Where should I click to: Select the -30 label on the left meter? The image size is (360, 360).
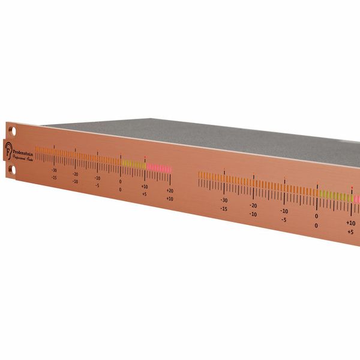click(54, 170)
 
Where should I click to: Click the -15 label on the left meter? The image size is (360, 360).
click(54, 178)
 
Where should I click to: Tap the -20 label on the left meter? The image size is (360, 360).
click(76, 174)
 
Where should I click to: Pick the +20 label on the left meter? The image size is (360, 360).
click(170, 191)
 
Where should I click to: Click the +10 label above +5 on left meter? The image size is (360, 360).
click(145, 187)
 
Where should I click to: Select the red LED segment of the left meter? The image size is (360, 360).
click(159, 169)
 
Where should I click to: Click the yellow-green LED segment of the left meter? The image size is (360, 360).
click(134, 164)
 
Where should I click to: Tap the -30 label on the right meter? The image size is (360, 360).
click(224, 200)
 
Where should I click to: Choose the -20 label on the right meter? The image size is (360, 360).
click(253, 206)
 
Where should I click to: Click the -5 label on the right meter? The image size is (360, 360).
click(284, 220)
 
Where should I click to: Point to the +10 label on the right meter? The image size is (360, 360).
click(350, 223)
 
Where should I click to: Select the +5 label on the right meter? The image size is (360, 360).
click(350, 231)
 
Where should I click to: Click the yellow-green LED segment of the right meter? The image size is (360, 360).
click(336, 196)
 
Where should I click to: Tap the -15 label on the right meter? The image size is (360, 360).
click(224, 209)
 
